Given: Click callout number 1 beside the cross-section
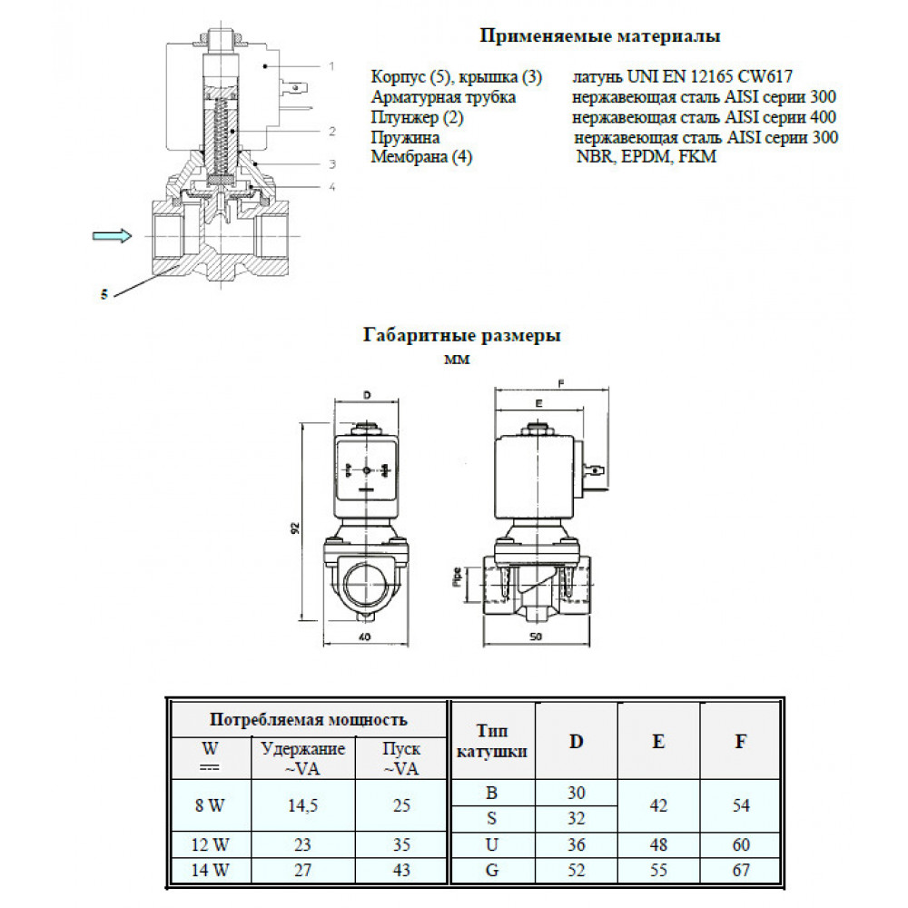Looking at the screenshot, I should point(332,65).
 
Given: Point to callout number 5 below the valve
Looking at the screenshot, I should point(104,294).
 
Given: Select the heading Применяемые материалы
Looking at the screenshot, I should point(599,37).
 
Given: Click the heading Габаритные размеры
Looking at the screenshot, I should point(461,335).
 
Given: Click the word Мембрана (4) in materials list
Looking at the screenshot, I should point(421,157).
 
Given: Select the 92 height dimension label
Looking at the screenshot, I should point(296,528).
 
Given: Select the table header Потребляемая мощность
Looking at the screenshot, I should point(308,720).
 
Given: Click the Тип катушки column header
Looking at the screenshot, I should point(491,741).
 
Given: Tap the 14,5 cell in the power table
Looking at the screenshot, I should point(302,804).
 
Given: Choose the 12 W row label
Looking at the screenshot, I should point(210,845).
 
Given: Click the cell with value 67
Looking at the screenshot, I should point(740,870).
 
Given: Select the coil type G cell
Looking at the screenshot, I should point(491,870).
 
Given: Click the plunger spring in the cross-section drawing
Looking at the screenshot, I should point(217,137).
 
